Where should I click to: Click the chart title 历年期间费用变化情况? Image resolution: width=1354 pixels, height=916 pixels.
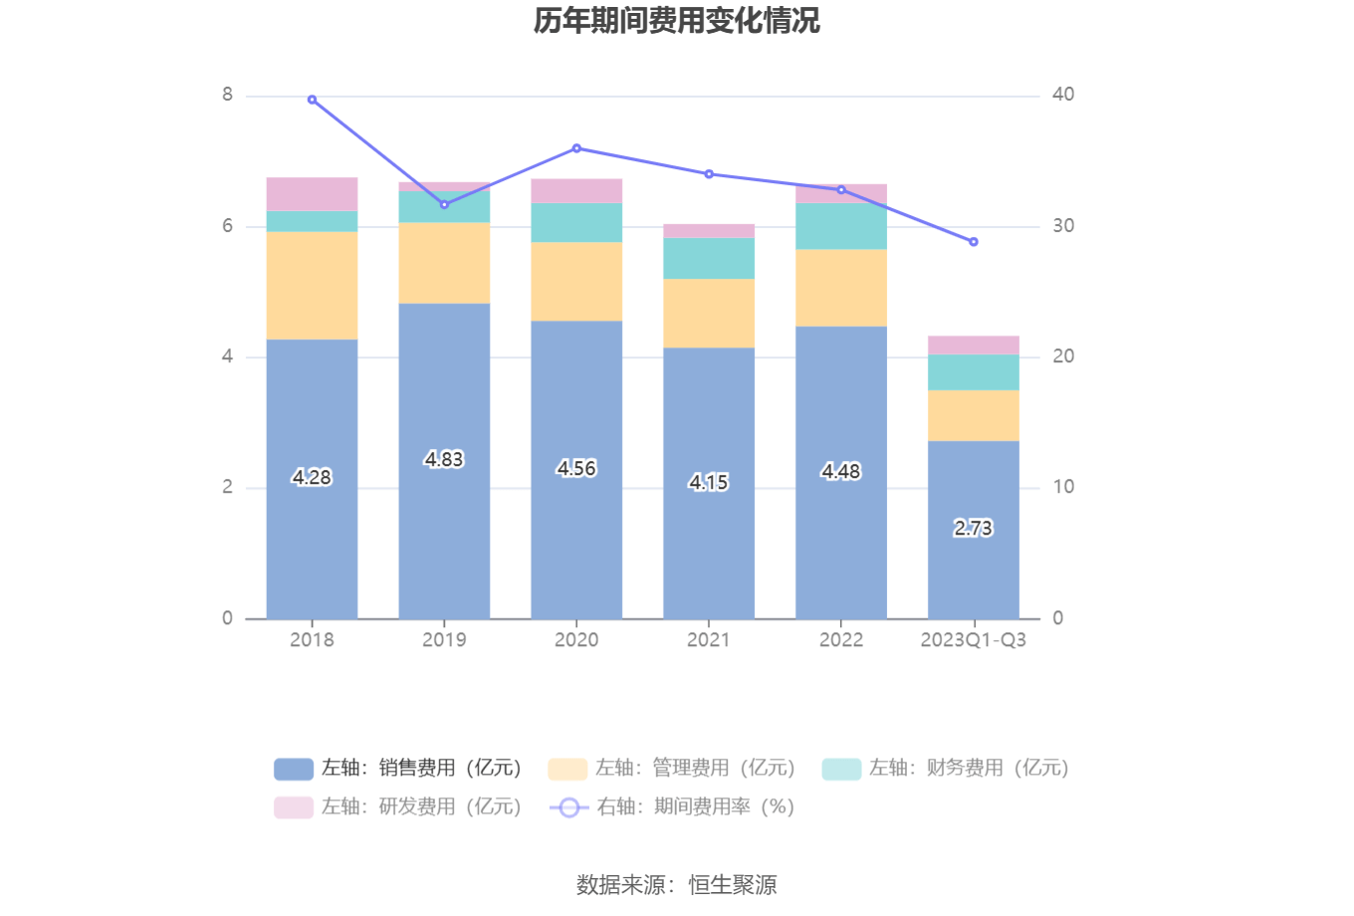pyautogui.click(x=676, y=21)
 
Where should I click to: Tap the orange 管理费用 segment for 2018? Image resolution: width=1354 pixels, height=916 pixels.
pyautogui.click(x=312, y=286)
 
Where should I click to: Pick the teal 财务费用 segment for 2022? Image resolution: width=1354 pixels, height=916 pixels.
pyautogui.click(x=841, y=226)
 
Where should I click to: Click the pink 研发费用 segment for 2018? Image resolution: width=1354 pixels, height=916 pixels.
pyautogui.click(x=312, y=194)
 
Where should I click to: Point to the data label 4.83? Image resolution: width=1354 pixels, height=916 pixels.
pyautogui.click(x=444, y=459)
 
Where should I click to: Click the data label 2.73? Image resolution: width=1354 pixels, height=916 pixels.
pyautogui.click(x=974, y=528)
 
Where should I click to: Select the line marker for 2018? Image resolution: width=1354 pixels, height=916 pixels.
pyautogui.click(x=312, y=100)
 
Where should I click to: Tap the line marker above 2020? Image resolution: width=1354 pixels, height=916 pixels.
pyautogui.click(x=576, y=148)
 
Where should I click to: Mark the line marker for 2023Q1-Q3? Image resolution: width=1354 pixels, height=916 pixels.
pyautogui.click(x=974, y=242)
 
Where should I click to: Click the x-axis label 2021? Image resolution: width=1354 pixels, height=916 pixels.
pyautogui.click(x=709, y=640)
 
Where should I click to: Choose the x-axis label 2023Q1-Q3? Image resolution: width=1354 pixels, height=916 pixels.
pyautogui.click(x=974, y=640)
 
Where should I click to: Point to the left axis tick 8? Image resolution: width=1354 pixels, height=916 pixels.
pyautogui.click(x=228, y=95)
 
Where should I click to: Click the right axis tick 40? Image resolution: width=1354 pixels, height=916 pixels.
pyautogui.click(x=1063, y=95)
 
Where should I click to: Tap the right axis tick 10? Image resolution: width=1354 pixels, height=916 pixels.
pyautogui.click(x=1063, y=487)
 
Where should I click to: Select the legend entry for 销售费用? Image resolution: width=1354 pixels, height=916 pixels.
pyautogui.click(x=398, y=769)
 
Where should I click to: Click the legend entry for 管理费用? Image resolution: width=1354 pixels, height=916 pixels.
pyautogui.click(x=672, y=769)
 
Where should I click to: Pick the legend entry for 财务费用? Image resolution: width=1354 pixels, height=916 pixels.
pyautogui.click(x=946, y=769)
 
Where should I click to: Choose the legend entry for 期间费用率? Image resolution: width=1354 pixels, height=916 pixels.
pyautogui.click(x=673, y=807)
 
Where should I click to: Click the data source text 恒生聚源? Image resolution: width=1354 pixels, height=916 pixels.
pyautogui.click(x=733, y=884)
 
